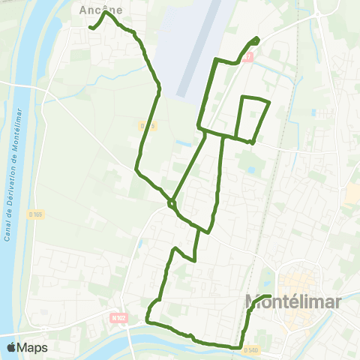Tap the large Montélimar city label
pos(293,302)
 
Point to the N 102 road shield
pos(118,318)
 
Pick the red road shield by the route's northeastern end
pos(249,57)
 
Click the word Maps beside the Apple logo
pos(33,347)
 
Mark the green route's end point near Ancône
pos(91,28)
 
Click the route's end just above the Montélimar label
pos(269,297)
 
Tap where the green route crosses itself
pos(172,202)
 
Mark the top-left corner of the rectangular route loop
pos(242,97)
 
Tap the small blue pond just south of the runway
pos(183,142)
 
